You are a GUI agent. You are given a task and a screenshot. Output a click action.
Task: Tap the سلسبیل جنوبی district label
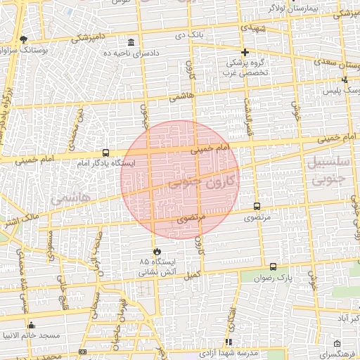coord(328,170)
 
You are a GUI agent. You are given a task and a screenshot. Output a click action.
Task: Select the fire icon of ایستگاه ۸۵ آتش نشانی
coord(156,251)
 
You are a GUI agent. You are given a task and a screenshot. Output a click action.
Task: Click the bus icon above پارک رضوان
coord(273,267)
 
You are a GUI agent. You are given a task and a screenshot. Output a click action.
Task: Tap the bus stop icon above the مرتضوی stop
coord(257,207)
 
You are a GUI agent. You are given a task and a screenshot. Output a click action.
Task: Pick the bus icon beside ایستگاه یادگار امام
coord(105,153)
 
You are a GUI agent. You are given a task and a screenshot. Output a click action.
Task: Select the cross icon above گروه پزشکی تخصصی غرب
coord(245,52)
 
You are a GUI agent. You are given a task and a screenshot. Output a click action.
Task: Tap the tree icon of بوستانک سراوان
coord(24,40)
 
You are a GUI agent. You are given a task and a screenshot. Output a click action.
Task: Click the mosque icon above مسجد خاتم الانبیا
coord(32,325)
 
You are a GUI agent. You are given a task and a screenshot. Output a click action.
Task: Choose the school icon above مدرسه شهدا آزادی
coord(228,342)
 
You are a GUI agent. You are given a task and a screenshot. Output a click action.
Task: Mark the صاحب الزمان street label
coord(95,264)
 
